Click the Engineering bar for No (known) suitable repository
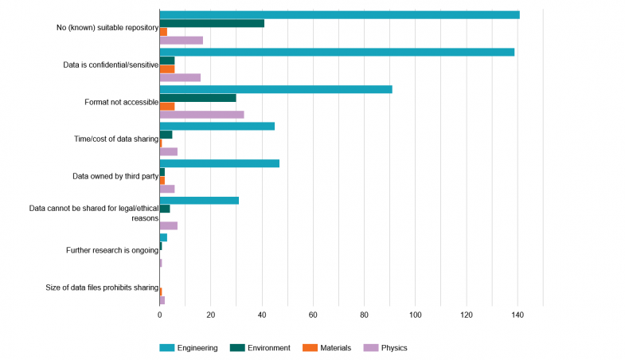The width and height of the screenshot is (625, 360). click(x=339, y=15)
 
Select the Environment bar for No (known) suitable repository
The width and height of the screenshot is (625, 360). click(x=212, y=23)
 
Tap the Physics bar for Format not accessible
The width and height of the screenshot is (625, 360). click(x=201, y=115)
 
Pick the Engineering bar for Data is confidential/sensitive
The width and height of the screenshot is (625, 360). click(x=337, y=52)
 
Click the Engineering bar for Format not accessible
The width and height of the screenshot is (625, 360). click(x=275, y=89)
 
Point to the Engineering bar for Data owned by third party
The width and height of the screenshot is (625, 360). click(x=219, y=163)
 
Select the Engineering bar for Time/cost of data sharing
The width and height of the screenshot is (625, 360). click(x=217, y=126)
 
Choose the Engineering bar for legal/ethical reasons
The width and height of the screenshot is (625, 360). click(x=199, y=201)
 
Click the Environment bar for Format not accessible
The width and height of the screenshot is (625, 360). click(x=197, y=98)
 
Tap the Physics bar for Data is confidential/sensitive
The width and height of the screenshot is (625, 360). click(x=180, y=78)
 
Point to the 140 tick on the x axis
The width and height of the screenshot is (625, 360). click(x=518, y=315)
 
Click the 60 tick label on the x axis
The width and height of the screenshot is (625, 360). click(x=313, y=315)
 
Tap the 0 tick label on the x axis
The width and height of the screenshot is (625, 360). click(x=160, y=315)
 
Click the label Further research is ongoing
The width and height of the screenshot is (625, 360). click(x=112, y=251)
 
